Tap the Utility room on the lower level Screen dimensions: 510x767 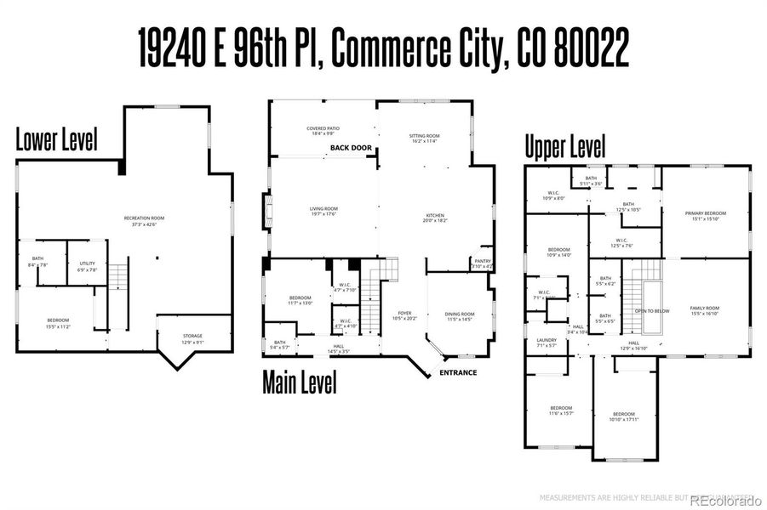click(87, 267)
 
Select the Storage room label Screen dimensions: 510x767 click(192, 338)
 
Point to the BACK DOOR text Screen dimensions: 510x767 click(351, 148)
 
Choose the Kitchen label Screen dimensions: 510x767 click(435, 218)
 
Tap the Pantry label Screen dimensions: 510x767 click(482, 263)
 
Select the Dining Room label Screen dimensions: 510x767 click(460, 316)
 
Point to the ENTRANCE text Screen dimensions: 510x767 click(457, 372)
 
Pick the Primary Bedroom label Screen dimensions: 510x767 click(706, 216)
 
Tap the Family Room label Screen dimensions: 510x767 click(705, 310)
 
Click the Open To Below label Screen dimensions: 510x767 click(651, 311)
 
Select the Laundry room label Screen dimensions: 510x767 click(547, 343)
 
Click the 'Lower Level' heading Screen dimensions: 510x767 click(56, 140)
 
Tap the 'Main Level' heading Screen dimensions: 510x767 click(299, 382)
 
